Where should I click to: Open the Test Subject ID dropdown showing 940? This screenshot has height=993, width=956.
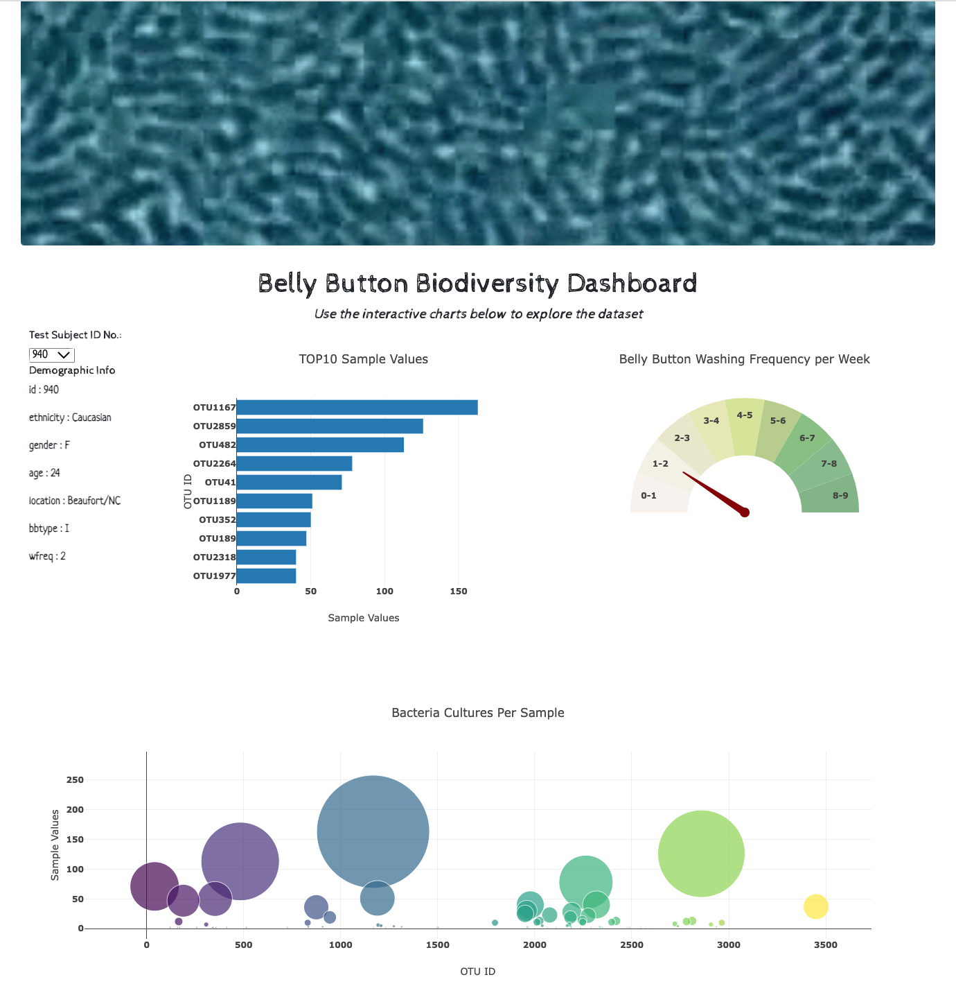[x=51, y=355]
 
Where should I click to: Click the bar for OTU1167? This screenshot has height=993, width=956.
[x=357, y=408]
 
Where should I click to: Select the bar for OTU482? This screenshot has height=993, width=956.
[x=320, y=445]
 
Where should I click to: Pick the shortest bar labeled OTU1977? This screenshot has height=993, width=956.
[x=266, y=576]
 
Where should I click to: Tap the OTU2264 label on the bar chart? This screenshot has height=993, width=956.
[x=214, y=464]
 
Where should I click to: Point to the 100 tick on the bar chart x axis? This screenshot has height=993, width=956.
[x=384, y=592]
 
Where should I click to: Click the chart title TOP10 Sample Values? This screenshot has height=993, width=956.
[x=363, y=359]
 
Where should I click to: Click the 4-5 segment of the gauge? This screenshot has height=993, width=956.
[x=745, y=423]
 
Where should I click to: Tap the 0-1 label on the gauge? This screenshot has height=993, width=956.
[x=648, y=496]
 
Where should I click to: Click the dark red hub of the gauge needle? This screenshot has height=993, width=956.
[x=745, y=512]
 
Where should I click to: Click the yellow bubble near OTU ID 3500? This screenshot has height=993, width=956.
[x=815, y=906]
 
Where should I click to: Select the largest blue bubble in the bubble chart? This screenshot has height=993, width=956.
[x=373, y=831]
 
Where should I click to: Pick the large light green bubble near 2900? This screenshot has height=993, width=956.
[x=701, y=854]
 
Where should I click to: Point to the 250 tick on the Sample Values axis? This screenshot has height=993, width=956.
[x=75, y=780]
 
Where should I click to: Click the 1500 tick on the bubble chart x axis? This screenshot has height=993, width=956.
[x=437, y=944]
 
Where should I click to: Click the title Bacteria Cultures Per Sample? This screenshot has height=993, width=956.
[x=477, y=713]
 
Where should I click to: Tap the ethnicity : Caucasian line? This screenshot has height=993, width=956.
[x=70, y=417]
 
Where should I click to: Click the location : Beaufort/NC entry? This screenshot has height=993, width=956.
[x=75, y=501]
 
